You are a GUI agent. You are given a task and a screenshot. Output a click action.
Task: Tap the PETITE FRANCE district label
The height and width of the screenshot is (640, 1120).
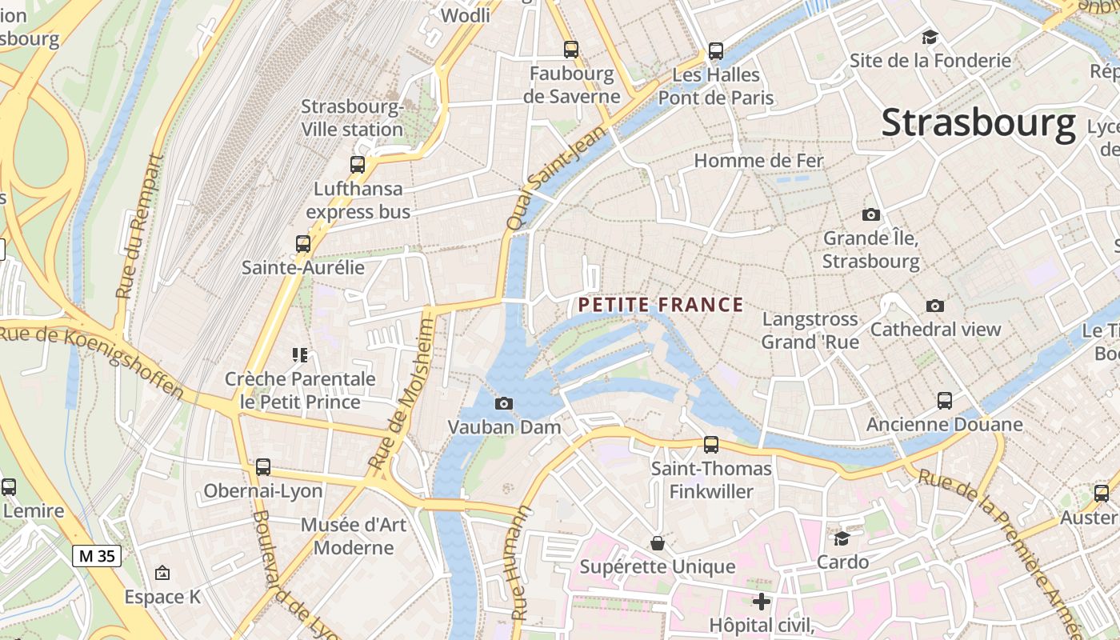coord(661,305)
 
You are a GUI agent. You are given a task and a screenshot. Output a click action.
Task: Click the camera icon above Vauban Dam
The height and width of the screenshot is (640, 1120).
coord(504,403)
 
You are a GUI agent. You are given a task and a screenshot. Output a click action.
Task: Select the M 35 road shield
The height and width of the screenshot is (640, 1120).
coord(97,555)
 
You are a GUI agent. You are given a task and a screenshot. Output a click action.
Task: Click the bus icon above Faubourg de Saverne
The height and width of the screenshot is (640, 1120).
coord(570,49)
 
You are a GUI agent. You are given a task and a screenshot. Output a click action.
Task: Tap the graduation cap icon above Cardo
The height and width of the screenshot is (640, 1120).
coord(842,538)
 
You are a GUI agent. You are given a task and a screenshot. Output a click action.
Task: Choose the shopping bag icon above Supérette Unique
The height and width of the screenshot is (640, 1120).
coord(657,543)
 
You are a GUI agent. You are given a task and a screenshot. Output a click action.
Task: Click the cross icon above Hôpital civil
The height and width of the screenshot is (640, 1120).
coord(762,601)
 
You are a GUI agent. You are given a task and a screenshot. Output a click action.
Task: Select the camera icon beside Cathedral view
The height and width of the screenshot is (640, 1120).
coord(934,306)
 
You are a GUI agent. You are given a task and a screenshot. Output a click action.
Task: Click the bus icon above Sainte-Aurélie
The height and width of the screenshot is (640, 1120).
coord(302,244)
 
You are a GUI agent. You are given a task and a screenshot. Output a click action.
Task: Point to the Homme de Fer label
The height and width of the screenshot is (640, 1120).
coord(758,161)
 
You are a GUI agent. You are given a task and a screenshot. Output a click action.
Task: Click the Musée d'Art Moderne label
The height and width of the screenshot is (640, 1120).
coord(354,536)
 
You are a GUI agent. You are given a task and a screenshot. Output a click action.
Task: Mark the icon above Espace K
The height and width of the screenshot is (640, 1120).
coord(162,573)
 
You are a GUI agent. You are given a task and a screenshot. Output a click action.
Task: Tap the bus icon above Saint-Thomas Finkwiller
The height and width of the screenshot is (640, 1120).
coord(710,445)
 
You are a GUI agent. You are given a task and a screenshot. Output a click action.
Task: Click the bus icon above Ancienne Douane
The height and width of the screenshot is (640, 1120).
coord(944,400)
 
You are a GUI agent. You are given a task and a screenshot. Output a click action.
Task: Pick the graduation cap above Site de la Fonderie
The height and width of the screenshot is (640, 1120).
coord(930,37)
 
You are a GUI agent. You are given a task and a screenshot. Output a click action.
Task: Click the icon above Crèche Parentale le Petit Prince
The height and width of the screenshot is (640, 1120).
coord(300,354)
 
